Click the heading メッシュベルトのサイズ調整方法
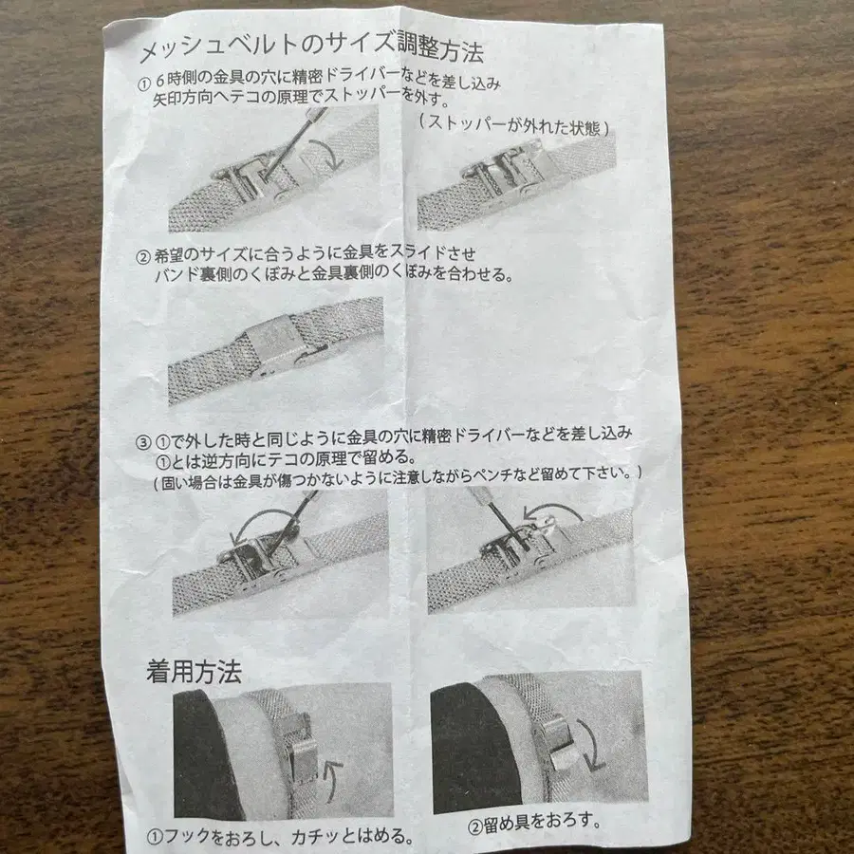(x=312, y=47)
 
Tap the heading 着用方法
(x=194, y=673)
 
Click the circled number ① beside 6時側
(x=144, y=84)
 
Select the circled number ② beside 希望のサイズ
(x=142, y=256)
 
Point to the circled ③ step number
(x=142, y=441)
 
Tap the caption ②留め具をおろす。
(x=535, y=824)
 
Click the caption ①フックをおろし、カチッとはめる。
(x=281, y=836)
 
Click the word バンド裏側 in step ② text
(x=187, y=275)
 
